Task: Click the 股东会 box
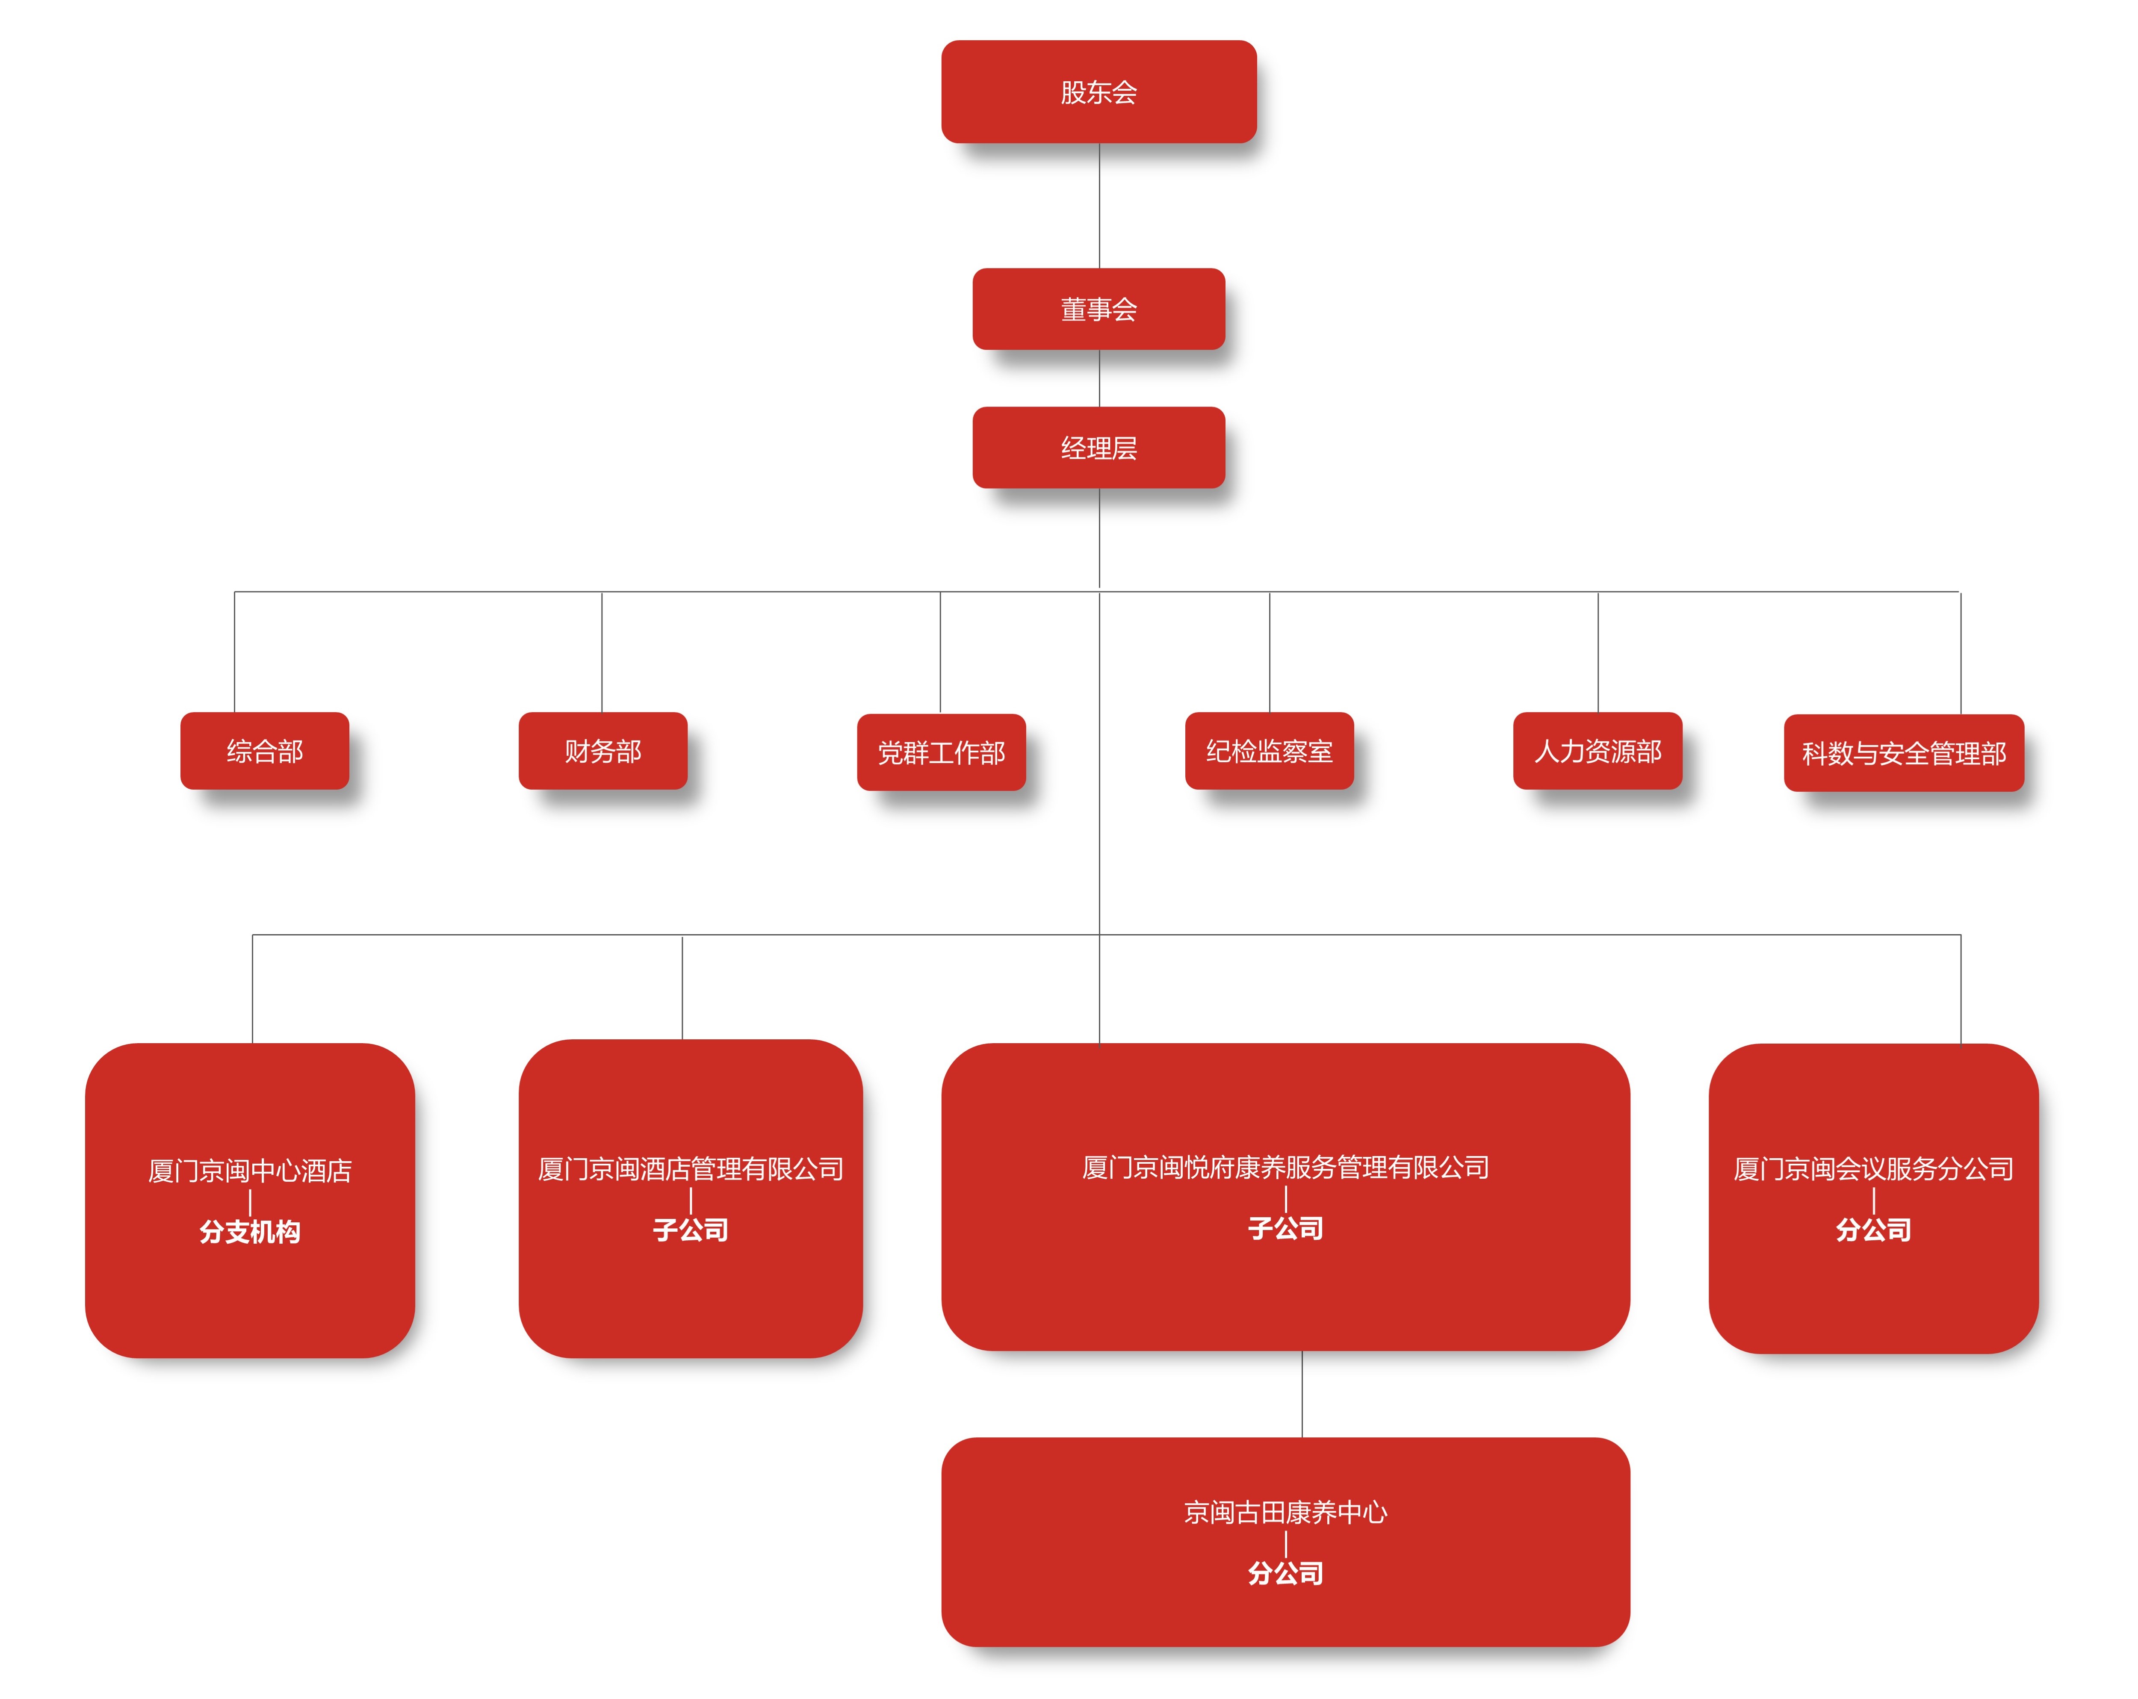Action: [1099, 91]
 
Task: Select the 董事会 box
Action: [1099, 308]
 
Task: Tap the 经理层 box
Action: [1099, 447]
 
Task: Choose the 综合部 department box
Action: [265, 750]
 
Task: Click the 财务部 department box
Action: [603, 750]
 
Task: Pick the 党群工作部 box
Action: [941, 752]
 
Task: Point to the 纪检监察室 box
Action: [1269, 750]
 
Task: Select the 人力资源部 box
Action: [1598, 750]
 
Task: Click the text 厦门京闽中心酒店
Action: [250, 1171]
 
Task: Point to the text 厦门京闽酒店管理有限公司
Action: [690, 1169]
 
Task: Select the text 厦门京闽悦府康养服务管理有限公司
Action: [1285, 1167]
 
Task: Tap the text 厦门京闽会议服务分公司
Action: [1873, 1169]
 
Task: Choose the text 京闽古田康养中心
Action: [1285, 1512]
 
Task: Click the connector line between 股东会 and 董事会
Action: [1099, 205]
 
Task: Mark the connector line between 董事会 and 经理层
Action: [1099, 378]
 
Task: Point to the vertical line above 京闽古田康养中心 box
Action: [1302, 1394]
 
